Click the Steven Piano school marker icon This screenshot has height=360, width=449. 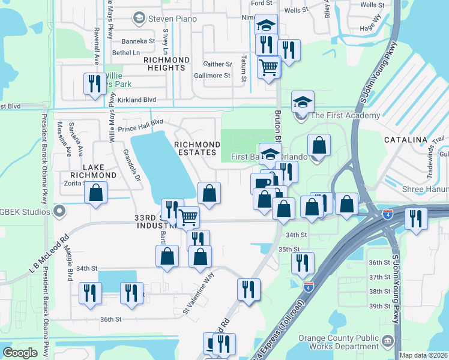click(x=139, y=19)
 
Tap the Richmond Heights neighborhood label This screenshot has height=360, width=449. click(x=166, y=64)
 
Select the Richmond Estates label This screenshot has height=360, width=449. click(x=197, y=149)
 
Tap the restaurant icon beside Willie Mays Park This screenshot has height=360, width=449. click(x=94, y=83)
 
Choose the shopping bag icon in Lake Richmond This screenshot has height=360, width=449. click(x=95, y=193)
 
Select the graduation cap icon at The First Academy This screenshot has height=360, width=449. click(x=303, y=101)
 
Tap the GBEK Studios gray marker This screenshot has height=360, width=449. click(x=59, y=211)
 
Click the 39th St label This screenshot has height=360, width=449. click(x=379, y=306)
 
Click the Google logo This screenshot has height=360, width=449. click(x=20, y=353)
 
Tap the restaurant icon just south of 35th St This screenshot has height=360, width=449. click(x=303, y=262)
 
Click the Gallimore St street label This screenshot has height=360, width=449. click(x=212, y=76)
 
